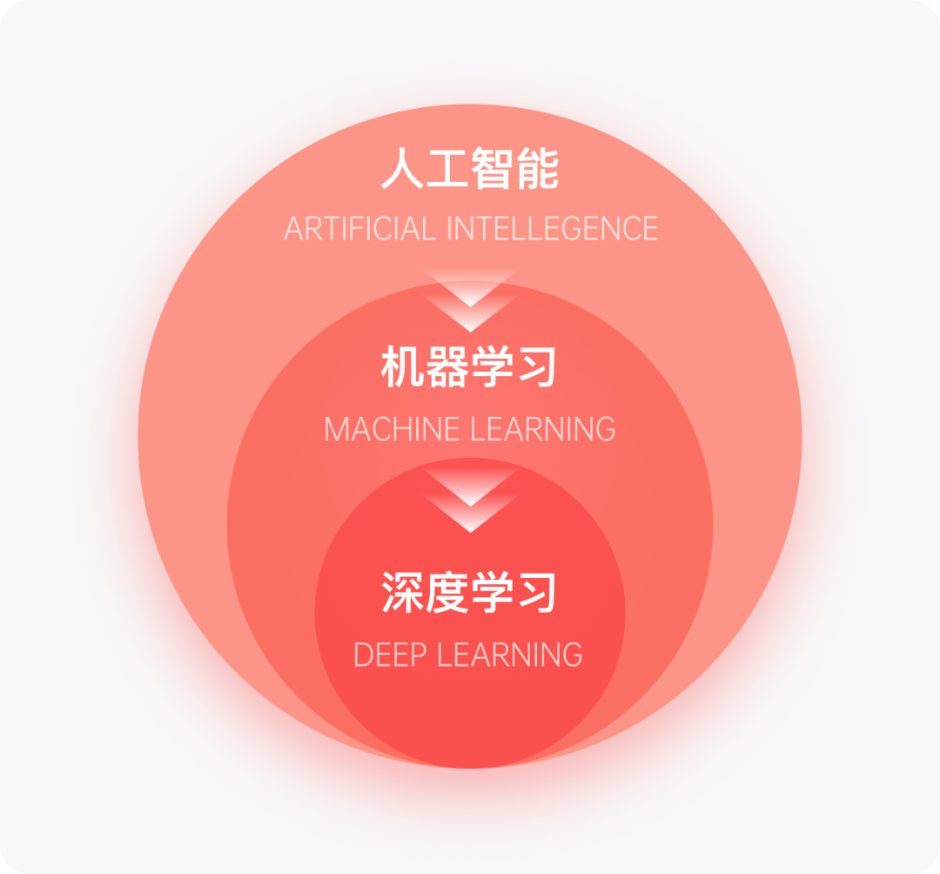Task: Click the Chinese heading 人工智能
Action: [x=470, y=170]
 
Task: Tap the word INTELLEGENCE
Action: [x=552, y=229]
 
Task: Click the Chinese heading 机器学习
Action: [x=470, y=368]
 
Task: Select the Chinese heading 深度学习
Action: [x=470, y=593]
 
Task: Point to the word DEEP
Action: [x=391, y=655]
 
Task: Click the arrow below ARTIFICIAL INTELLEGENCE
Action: [x=470, y=300]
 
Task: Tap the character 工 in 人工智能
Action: [x=447, y=170]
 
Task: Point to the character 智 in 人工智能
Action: [x=493, y=170]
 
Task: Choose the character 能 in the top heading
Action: [x=537, y=170]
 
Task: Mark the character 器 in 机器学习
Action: [x=447, y=368]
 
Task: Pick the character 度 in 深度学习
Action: [x=447, y=593]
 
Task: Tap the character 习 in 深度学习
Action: [x=537, y=593]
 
